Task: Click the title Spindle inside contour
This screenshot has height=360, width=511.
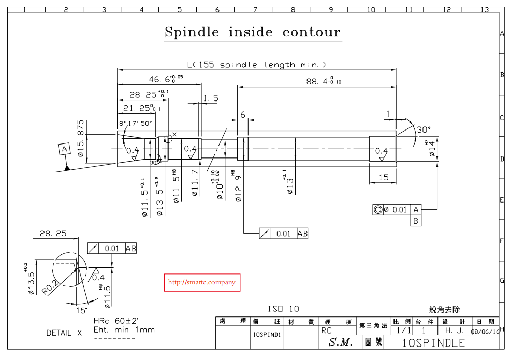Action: [253, 32]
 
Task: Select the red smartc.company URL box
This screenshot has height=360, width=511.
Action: [202, 283]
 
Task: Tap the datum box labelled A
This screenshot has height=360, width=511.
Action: [64, 150]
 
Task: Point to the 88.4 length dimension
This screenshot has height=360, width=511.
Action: [324, 81]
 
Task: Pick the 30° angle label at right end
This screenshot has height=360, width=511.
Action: [423, 129]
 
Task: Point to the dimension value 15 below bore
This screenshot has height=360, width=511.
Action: [383, 177]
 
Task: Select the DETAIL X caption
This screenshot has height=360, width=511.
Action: [64, 333]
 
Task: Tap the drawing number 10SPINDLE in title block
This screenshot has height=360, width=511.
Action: [433, 342]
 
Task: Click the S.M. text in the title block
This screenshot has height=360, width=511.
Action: [340, 342]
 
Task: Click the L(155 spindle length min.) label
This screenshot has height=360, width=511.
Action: [257, 65]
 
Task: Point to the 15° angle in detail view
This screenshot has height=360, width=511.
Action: [81, 310]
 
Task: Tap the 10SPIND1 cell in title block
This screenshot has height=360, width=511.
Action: [267, 335]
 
